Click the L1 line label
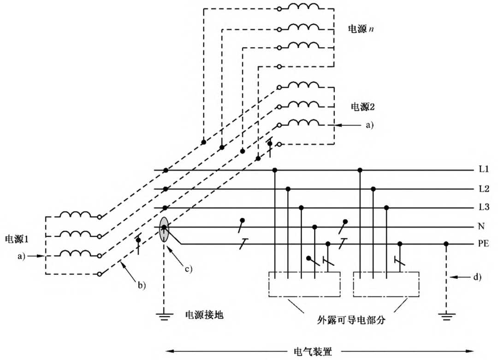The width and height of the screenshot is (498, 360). click(x=484, y=169)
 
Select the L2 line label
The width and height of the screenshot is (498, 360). click(x=484, y=189)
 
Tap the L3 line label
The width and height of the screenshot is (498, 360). click(x=484, y=208)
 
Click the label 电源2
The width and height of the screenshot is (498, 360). click(x=363, y=107)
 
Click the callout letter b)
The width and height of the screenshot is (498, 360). click(x=140, y=285)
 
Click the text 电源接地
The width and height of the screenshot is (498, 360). click(x=204, y=315)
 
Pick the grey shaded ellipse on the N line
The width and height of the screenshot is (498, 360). click(x=164, y=228)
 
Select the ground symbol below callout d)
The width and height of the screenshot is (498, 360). click(x=446, y=316)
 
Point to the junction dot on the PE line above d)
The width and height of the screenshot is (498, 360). click(x=446, y=244)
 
